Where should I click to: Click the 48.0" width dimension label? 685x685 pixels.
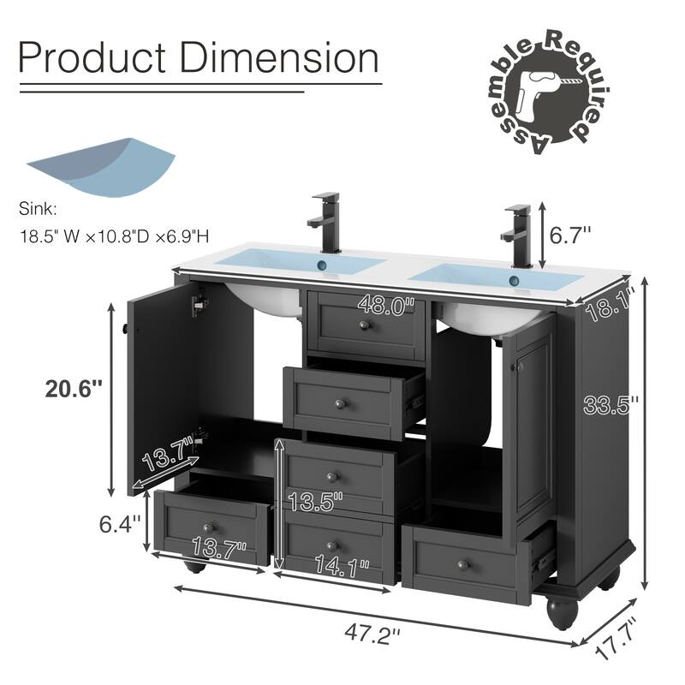pos(385,304)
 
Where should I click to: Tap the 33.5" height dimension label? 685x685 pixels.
pos(611,405)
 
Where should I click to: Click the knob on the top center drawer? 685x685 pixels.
pos(364,326)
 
